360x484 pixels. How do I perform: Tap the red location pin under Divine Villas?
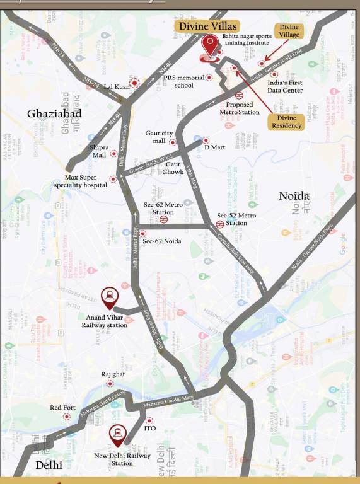click(x=209, y=47)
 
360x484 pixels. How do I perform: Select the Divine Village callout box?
click(x=289, y=31)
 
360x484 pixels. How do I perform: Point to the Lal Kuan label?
click(x=117, y=86)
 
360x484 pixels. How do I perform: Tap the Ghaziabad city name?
click(x=54, y=113)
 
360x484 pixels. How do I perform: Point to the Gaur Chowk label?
click(x=173, y=168)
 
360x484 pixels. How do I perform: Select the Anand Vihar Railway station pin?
click(x=108, y=296)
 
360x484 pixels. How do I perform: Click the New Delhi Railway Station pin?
click(x=117, y=434)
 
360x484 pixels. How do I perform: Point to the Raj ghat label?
click(x=109, y=374)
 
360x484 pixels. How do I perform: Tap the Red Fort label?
click(x=62, y=408)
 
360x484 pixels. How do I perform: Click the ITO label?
click(x=149, y=429)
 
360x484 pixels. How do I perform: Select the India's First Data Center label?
click(x=285, y=86)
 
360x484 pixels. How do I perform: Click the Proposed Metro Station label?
click(x=240, y=108)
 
